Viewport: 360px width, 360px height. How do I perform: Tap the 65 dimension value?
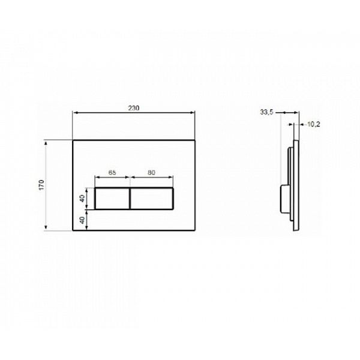tap(112, 172)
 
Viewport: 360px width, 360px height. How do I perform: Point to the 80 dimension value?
tap(152, 172)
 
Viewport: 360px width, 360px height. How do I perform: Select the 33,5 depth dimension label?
tap(268, 111)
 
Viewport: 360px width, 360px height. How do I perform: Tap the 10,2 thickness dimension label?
tap(313, 125)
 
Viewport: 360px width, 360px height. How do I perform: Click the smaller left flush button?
tap(112, 197)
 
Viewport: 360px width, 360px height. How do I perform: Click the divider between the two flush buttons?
tap(130, 197)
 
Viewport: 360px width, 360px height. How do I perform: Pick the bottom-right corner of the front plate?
tap(196, 230)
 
